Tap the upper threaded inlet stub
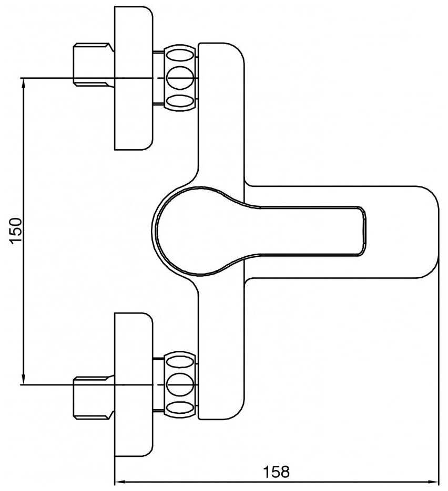pyautogui.click(x=92, y=65)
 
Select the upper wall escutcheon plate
pyautogui.click(x=133, y=78)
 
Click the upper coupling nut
pyautogui.click(x=180, y=78)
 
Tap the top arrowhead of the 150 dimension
pyautogui.click(x=24, y=82)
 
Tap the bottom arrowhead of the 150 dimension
pyautogui.click(x=24, y=379)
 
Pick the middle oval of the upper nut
pyautogui.click(x=180, y=78)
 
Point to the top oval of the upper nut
pyautogui.click(x=180, y=55)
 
